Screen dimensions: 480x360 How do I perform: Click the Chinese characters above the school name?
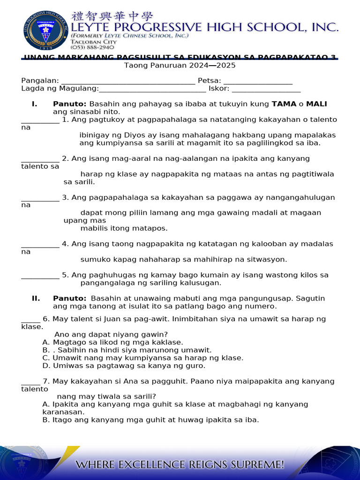[112, 16]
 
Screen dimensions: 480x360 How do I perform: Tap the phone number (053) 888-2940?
[92, 47]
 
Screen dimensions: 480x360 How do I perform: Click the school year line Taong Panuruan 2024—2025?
[180, 66]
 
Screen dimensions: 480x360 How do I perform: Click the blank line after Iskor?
[266, 89]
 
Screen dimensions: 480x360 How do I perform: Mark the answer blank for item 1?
[40, 120]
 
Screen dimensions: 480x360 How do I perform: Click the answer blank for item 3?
[40, 198]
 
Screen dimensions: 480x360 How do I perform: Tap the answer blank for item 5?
[40, 276]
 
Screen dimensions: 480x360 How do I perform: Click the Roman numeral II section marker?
[35, 299]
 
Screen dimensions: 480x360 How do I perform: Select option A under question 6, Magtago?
[112, 343]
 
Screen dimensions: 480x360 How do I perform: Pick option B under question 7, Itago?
[150, 420]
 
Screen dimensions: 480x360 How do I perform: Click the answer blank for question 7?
[30, 382]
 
